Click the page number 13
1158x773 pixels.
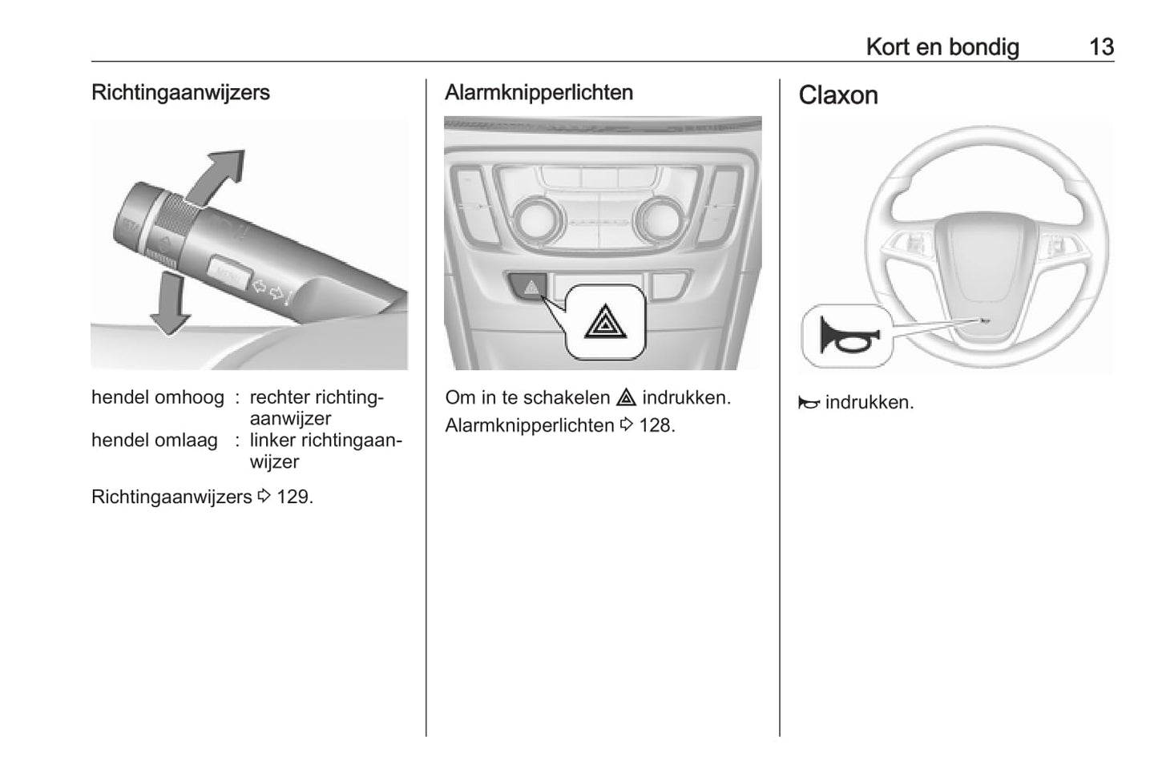tap(1101, 46)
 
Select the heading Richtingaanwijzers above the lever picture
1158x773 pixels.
tap(180, 92)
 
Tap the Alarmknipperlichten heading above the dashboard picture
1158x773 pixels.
tap(539, 92)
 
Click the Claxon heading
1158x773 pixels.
tap(837, 95)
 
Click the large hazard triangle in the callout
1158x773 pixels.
tap(606, 322)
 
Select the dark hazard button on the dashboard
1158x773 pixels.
tap(530, 286)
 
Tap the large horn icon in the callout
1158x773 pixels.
tap(847, 335)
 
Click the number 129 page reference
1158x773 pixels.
tap(293, 497)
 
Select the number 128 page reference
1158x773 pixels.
tap(656, 425)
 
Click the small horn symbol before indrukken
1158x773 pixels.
tap(809, 403)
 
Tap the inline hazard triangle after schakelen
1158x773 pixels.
tap(626, 397)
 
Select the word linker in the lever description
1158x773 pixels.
tap(272, 441)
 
